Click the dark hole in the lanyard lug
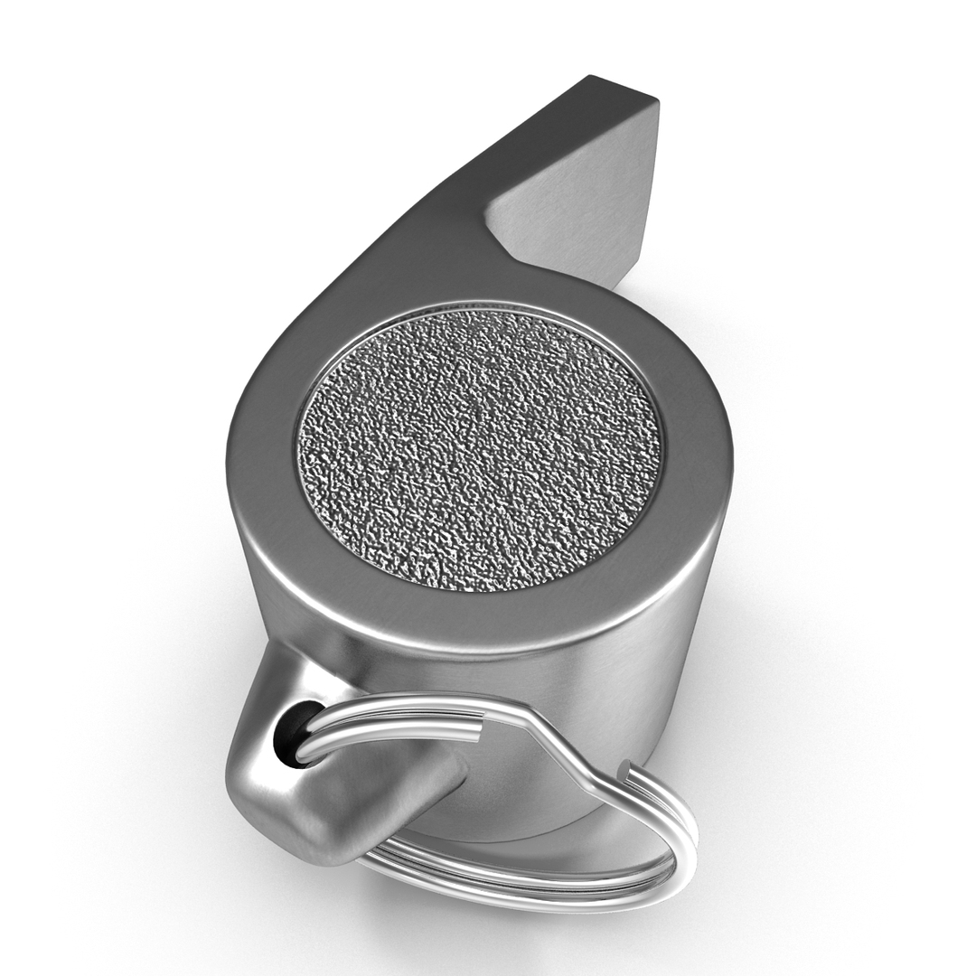(287, 737)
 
